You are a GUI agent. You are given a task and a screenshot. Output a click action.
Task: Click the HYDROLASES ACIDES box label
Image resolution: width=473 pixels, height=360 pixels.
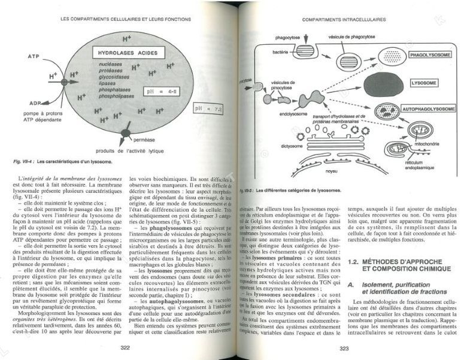coord(124,53)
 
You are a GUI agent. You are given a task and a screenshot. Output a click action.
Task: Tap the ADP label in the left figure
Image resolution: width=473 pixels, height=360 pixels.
coord(35,103)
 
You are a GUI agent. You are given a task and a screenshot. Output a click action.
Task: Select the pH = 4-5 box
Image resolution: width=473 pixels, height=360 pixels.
coord(160,92)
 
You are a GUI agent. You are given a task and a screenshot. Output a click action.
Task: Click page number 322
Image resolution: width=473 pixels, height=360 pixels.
coord(126,347)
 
